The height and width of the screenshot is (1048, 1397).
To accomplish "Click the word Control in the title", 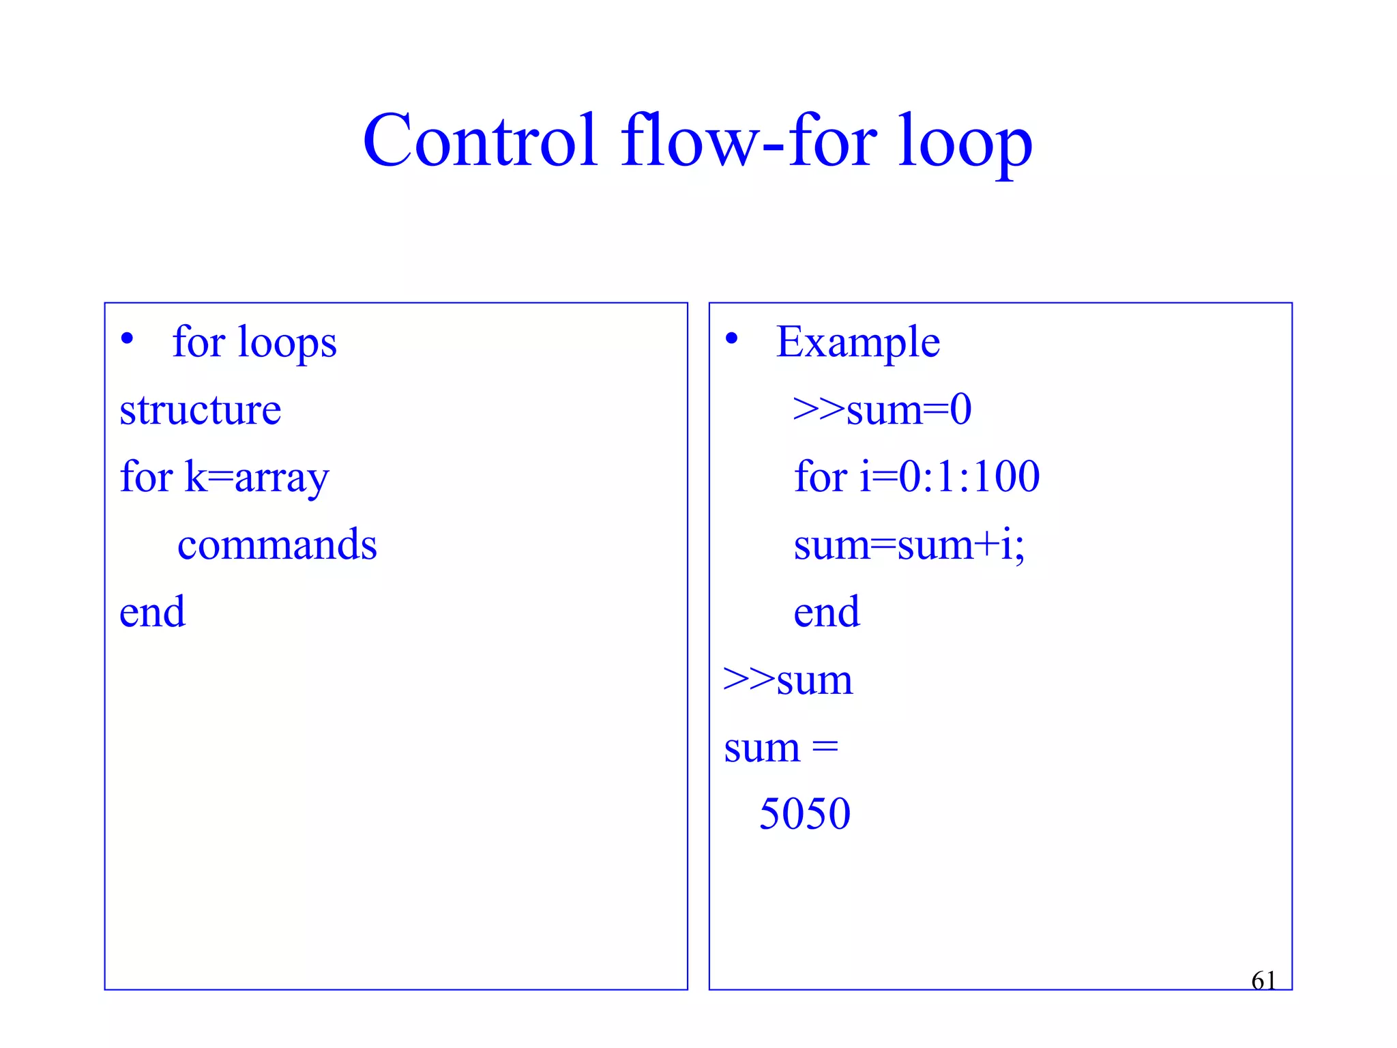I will coord(480,141).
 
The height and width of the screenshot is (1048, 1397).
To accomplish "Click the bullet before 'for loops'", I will coord(127,338).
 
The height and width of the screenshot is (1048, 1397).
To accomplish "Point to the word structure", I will coord(200,409).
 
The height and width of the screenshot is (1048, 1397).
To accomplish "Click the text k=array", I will coord(257,478).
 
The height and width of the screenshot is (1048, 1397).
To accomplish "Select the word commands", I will coord(277,544).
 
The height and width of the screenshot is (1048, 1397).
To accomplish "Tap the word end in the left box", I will coord(152,611).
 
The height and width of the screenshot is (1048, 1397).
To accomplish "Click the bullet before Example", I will coord(731,338).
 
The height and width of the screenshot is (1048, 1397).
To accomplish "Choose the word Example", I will coord(858,343).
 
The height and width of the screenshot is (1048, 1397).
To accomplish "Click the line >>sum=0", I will coord(882,409).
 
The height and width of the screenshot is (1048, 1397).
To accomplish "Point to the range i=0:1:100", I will coord(950,476).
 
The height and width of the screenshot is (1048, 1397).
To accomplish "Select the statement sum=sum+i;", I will coord(909,544).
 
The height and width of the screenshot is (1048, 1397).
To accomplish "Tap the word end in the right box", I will coord(826,611).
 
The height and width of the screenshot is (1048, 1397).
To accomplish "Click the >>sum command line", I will coord(788,680).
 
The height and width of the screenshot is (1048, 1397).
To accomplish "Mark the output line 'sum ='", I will coord(781,748).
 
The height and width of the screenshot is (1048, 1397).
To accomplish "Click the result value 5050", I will coord(805,813).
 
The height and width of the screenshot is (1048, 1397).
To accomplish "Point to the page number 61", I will coord(1263,980).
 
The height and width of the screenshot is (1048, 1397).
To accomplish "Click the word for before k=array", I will coord(146,476).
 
